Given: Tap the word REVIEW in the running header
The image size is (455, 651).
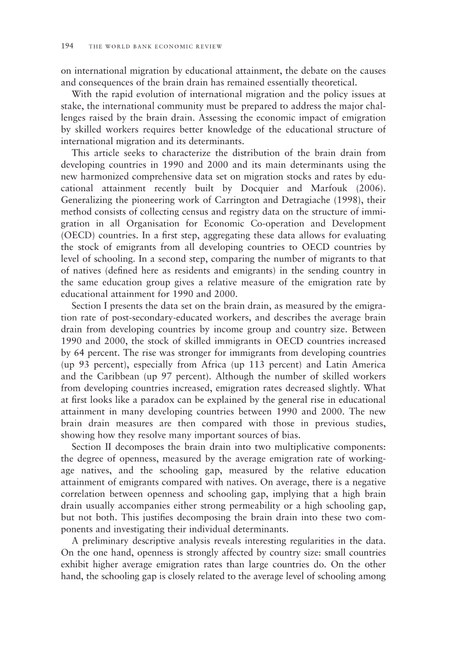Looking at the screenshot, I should (210, 46).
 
